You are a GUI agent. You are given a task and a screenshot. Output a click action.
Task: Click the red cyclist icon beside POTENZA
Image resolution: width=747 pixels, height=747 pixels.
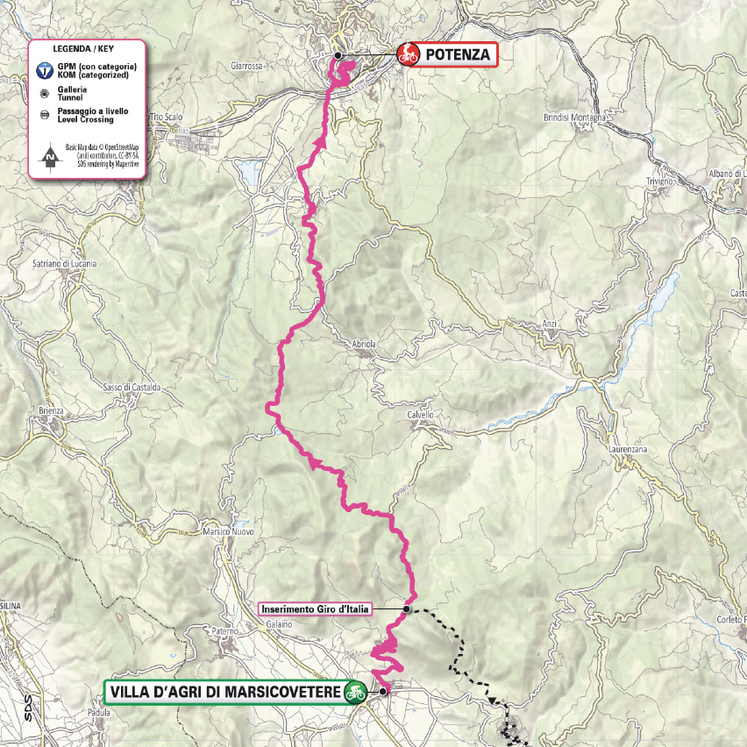(x=408, y=55)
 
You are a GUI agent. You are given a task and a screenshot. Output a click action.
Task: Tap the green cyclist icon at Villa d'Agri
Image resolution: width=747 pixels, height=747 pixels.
(x=355, y=691)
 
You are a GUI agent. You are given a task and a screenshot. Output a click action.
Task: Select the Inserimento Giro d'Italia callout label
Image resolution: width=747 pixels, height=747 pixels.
(x=316, y=608)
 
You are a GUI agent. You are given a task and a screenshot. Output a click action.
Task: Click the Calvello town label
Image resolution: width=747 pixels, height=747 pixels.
(x=421, y=415)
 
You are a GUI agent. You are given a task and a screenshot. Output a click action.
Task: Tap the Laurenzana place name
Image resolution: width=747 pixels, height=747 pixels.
(x=626, y=449)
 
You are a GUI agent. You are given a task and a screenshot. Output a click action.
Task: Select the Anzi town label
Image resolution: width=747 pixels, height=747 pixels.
(x=550, y=324)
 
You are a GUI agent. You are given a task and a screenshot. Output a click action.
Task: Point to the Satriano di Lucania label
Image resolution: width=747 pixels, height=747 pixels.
(x=64, y=263)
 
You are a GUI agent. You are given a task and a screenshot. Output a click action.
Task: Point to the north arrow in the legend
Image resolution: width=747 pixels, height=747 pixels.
(x=51, y=159)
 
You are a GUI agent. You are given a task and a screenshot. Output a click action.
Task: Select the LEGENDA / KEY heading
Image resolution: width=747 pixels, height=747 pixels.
(x=86, y=49)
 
